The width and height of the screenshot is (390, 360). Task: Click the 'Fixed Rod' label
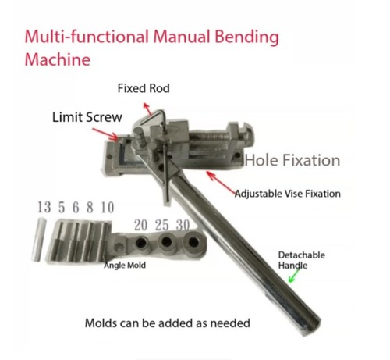pos(144,88)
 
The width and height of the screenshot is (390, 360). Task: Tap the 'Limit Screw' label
pos(87,117)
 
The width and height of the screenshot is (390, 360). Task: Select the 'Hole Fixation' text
pos(292,160)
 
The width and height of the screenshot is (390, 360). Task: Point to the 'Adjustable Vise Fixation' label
pos(288,194)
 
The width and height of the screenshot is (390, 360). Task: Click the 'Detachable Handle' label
pos(301,260)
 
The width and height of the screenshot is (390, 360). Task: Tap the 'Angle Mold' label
pos(125,266)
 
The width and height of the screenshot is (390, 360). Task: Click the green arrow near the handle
pos(294,276)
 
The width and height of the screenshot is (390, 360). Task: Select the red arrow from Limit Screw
pos(105,134)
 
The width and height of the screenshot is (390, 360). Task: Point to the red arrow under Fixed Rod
pos(147,109)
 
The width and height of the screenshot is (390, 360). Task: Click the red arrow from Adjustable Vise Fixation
pos(222,183)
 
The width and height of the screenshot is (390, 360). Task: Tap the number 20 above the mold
pos(140,225)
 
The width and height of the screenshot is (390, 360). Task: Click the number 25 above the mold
pos(161,225)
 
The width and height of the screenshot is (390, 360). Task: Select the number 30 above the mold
pos(183,225)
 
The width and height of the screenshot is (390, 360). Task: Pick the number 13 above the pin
pos(44,207)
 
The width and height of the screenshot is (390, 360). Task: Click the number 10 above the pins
pos(108,208)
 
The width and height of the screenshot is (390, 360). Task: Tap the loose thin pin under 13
pos(39,240)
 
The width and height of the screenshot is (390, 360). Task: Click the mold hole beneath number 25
pos(166,242)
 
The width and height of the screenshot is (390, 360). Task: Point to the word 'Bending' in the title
pos(246,37)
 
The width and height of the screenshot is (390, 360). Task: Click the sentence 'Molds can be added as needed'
pos(168,323)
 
